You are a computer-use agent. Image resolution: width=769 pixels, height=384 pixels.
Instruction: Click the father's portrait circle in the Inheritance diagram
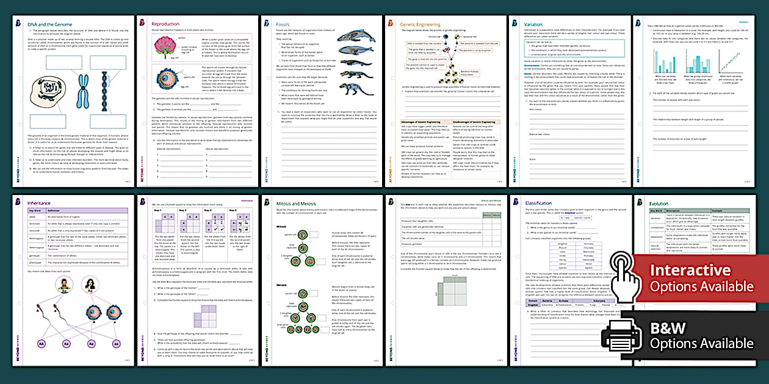click(63, 285)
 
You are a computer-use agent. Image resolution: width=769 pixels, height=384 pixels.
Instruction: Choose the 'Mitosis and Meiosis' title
click(298, 202)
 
